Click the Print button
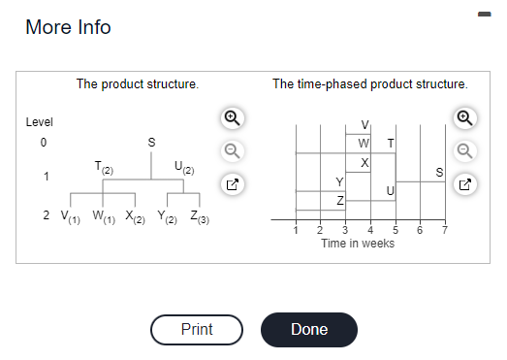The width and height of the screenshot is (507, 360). pyautogui.click(x=197, y=329)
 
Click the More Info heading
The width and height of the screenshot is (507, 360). pyautogui.click(x=68, y=27)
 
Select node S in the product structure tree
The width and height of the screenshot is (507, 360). pyautogui.click(x=150, y=143)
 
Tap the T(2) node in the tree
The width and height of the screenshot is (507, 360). pyautogui.click(x=104, y=167)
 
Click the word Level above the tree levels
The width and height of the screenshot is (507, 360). pyautogui.click(x=39, y=122)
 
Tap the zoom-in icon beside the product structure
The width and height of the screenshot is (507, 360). pyautogui.click(x=231, y=118)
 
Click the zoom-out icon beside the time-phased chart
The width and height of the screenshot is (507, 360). pyautogui.click(x=466, y=150)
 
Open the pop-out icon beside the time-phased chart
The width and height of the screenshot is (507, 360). pyautogui.click(x=466, y=183)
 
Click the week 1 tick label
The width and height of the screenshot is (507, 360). pyautogui.click(x=296, y=230)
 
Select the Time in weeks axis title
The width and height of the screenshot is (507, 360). pyautogui.click(x=358, y=243)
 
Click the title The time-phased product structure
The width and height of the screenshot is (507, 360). pyautogui.click(x=369, y=84)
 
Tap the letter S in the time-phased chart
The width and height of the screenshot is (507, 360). pyautogui.click(x=439, y=173)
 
